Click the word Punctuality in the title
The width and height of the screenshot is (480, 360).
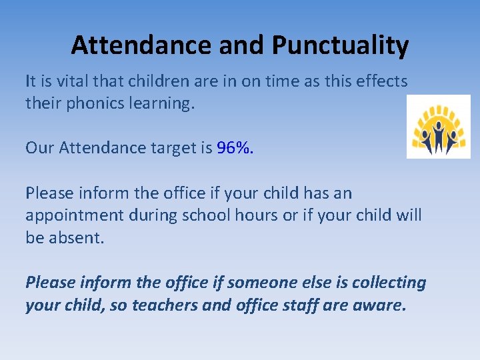(x=340, y=45)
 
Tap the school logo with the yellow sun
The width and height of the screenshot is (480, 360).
(x=438, y=127)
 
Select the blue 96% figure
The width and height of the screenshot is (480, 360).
(x=235, y=147)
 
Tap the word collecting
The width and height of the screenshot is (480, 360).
(x=389, y=283)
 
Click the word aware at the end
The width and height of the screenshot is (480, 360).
(x=379, y=305)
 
